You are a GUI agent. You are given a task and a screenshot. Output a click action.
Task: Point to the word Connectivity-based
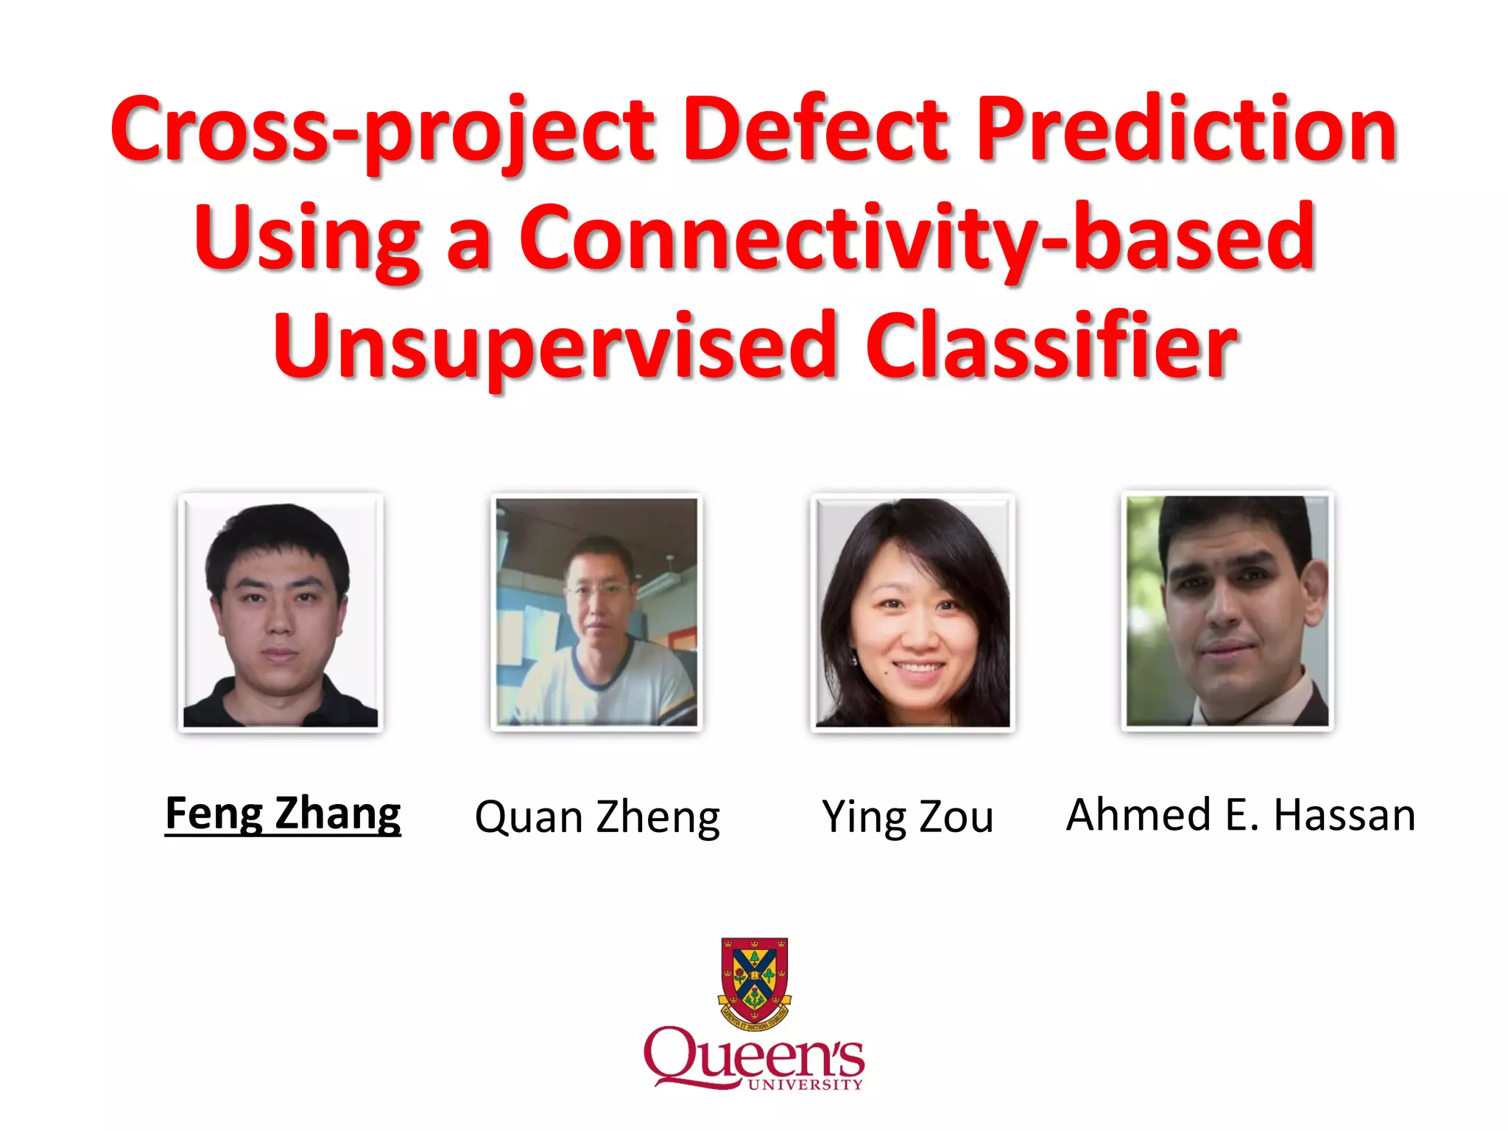(x=917, y=239)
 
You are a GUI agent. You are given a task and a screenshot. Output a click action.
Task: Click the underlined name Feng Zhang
(x=283, y=814)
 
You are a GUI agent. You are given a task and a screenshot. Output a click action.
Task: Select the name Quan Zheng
(x=597, y=817)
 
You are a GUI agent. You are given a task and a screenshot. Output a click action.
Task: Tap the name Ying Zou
(x=907, y=817)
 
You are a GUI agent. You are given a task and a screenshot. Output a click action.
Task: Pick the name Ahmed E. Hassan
(x=1241, y=815)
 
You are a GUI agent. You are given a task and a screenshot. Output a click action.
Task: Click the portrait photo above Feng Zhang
(x=281, y=611)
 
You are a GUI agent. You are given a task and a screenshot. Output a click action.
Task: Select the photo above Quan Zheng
(x=596, y=611)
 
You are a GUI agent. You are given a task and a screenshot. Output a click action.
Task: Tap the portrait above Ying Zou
(x=912, y=611)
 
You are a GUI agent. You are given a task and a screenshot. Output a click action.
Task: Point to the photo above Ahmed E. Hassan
(x=1227, y=610)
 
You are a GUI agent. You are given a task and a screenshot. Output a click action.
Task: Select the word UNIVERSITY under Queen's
(x=805, y=1085)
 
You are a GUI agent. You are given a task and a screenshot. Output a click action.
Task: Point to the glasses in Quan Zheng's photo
(x=598, y=590)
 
